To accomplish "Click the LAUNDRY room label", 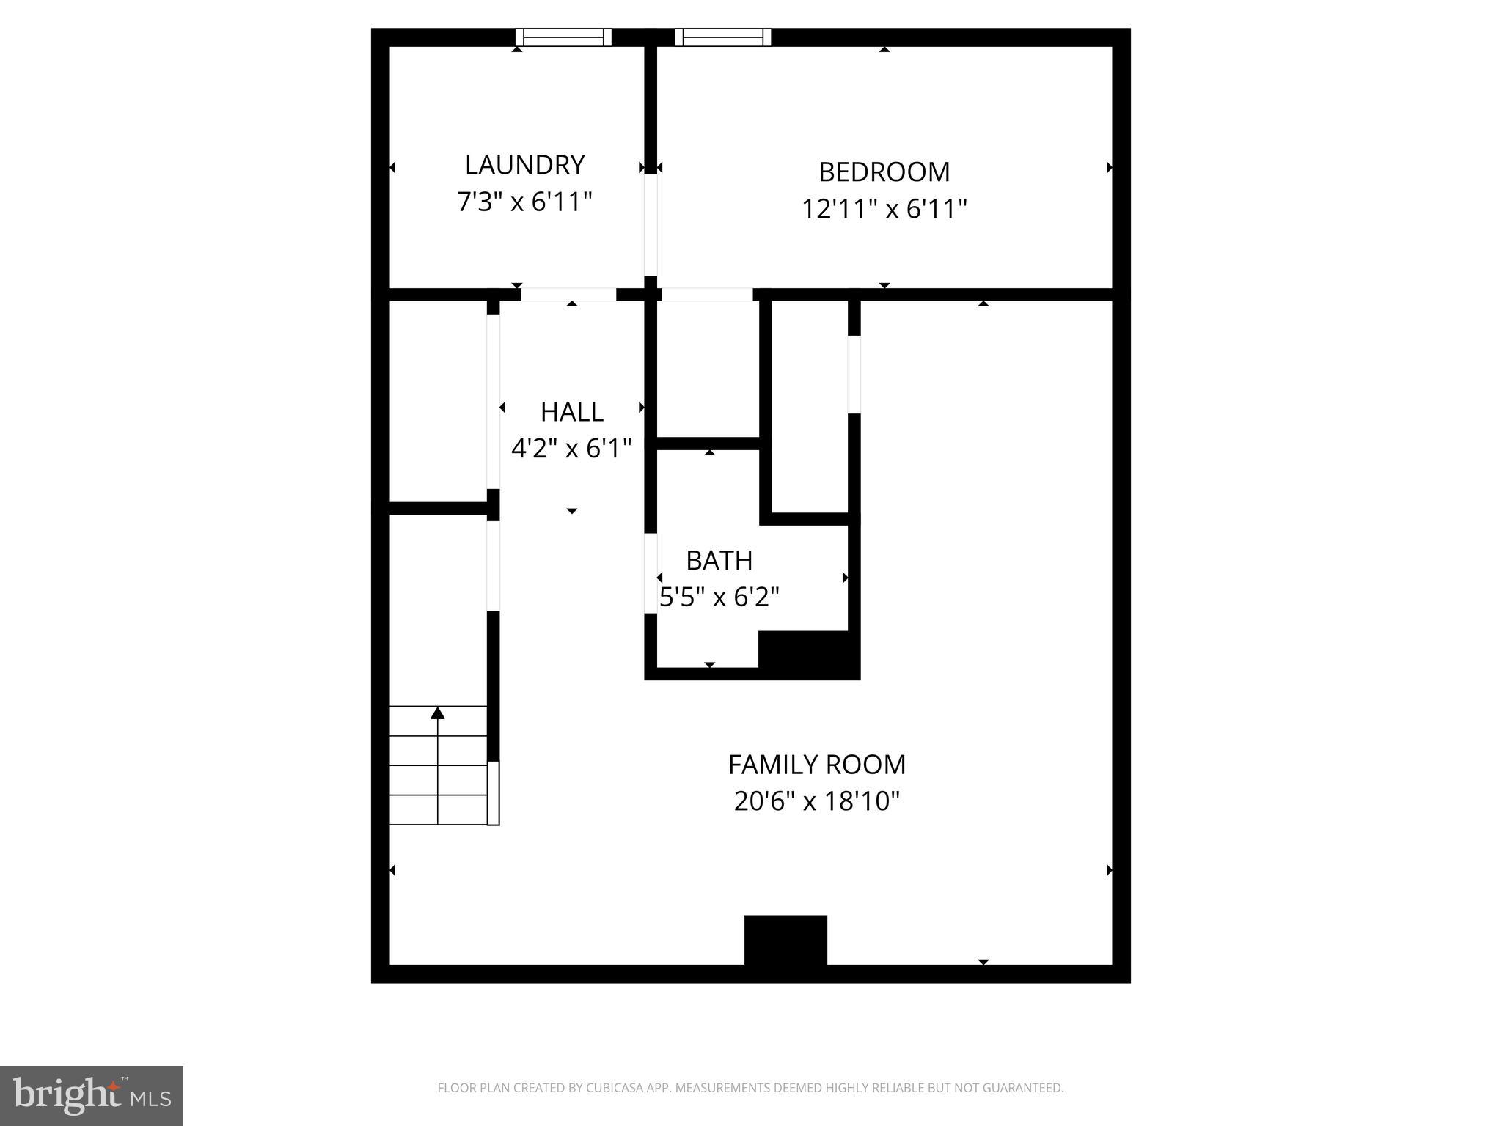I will [x=524, y=165].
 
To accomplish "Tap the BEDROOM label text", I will [x=884, y=172].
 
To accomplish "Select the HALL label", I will [x=571, y=412].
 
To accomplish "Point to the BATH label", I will [x=719, y=561].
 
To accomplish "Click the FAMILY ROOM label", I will [x=816, y=765].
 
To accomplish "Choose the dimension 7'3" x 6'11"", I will [x=524, y=202].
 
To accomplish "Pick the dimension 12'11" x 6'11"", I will [x=884, y=210].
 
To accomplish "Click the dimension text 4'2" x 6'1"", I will [x=571, y=448].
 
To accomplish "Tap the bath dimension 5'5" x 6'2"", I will [x=719, y=597].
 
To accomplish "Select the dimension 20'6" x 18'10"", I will [x=816, y=801].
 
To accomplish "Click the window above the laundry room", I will [x=563, y=37].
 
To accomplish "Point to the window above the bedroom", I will [x=722, y=37].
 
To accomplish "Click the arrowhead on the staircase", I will [x=438, y=713].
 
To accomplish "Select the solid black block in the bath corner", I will [x=808, y=654].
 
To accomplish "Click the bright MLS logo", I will [x=92, y=1095].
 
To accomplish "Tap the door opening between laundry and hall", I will [x=568, y=295].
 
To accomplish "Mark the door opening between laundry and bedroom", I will [x=651, y=224].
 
